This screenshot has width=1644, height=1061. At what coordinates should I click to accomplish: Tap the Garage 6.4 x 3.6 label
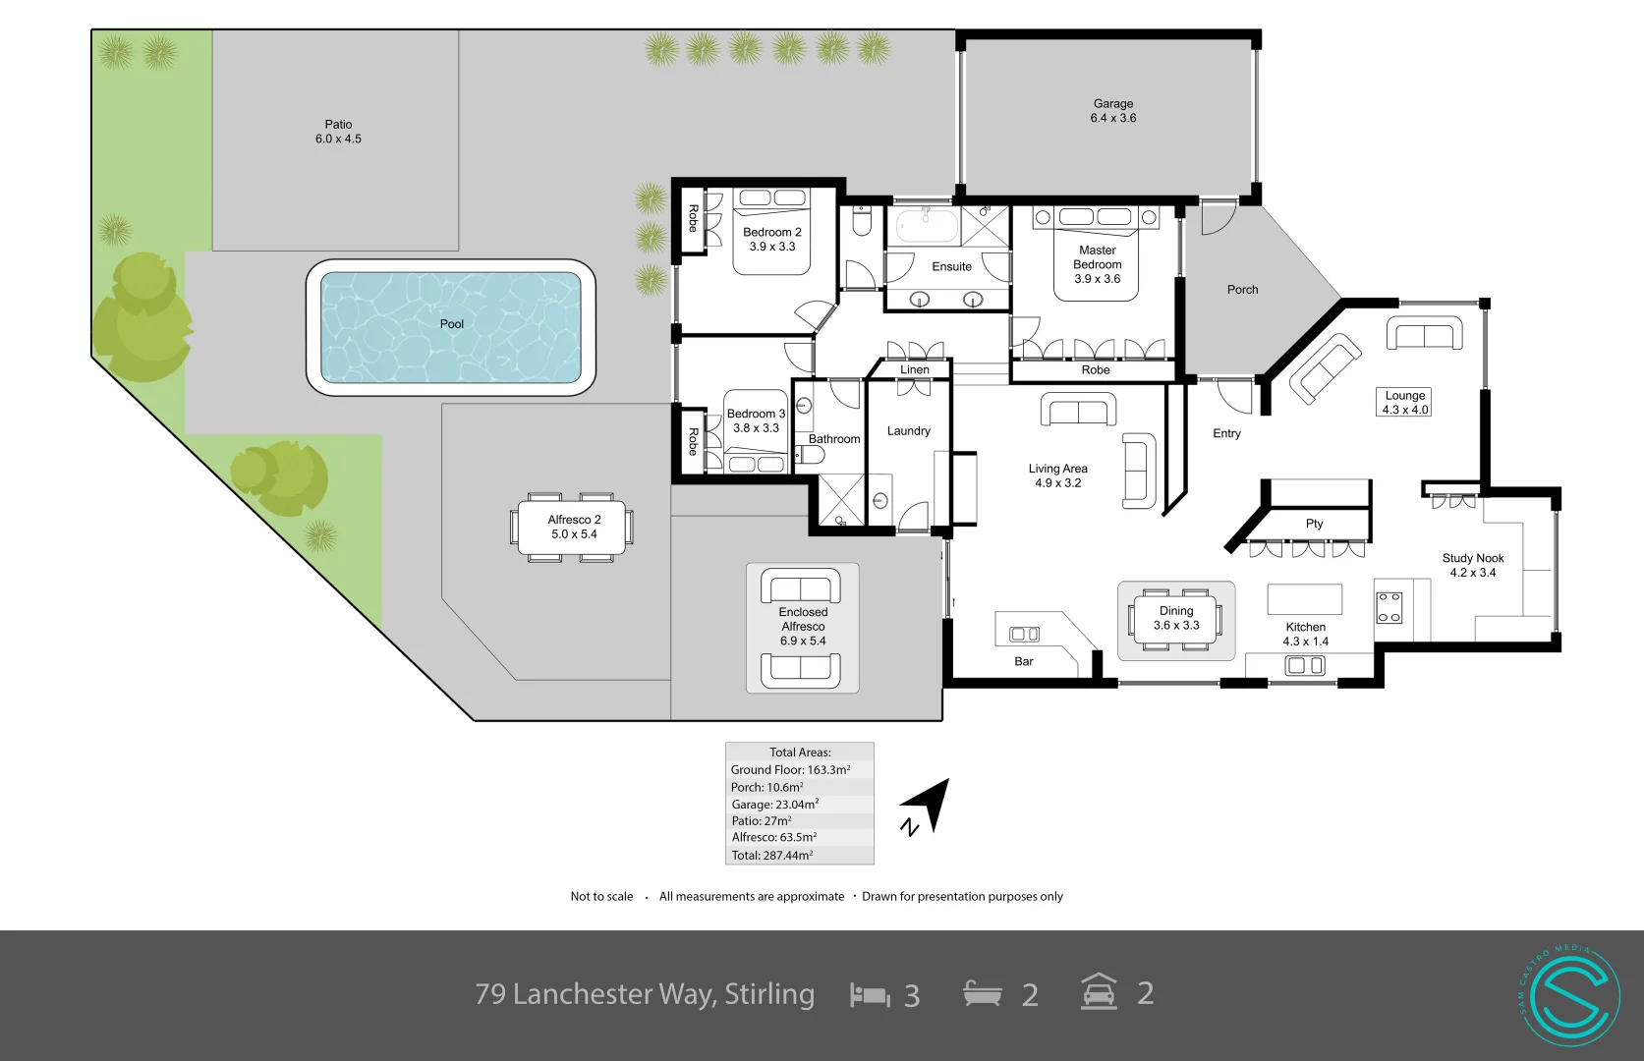(x=1112, y=110)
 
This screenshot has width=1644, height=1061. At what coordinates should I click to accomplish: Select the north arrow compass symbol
(x=929, y=809)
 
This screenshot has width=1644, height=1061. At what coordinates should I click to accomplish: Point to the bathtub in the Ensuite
(x=923, y=227)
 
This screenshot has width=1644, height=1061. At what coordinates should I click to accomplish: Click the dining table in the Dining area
(x=1176, y=620)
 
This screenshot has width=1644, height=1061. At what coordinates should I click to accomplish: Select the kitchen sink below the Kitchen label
(x=1305, y=666)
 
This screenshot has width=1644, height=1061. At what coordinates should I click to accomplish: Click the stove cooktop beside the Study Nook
(x=1389, y=607)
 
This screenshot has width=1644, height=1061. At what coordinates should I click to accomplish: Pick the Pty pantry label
(x=1314, y=524)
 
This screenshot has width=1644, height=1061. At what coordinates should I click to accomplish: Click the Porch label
(x=1242, y=290)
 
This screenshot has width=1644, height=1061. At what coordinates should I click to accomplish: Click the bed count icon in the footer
(x=870, y=995)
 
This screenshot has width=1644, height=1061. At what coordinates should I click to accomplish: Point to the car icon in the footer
(x=1099, y=993)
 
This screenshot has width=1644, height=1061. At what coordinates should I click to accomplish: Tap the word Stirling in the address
(x=769, y=994)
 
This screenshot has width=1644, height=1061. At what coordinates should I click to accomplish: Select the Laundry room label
(x=908, y=431)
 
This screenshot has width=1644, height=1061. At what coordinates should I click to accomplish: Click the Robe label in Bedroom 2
(x=693, y=218)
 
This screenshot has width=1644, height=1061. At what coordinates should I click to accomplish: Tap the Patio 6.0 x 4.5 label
(x=338, y=132)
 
